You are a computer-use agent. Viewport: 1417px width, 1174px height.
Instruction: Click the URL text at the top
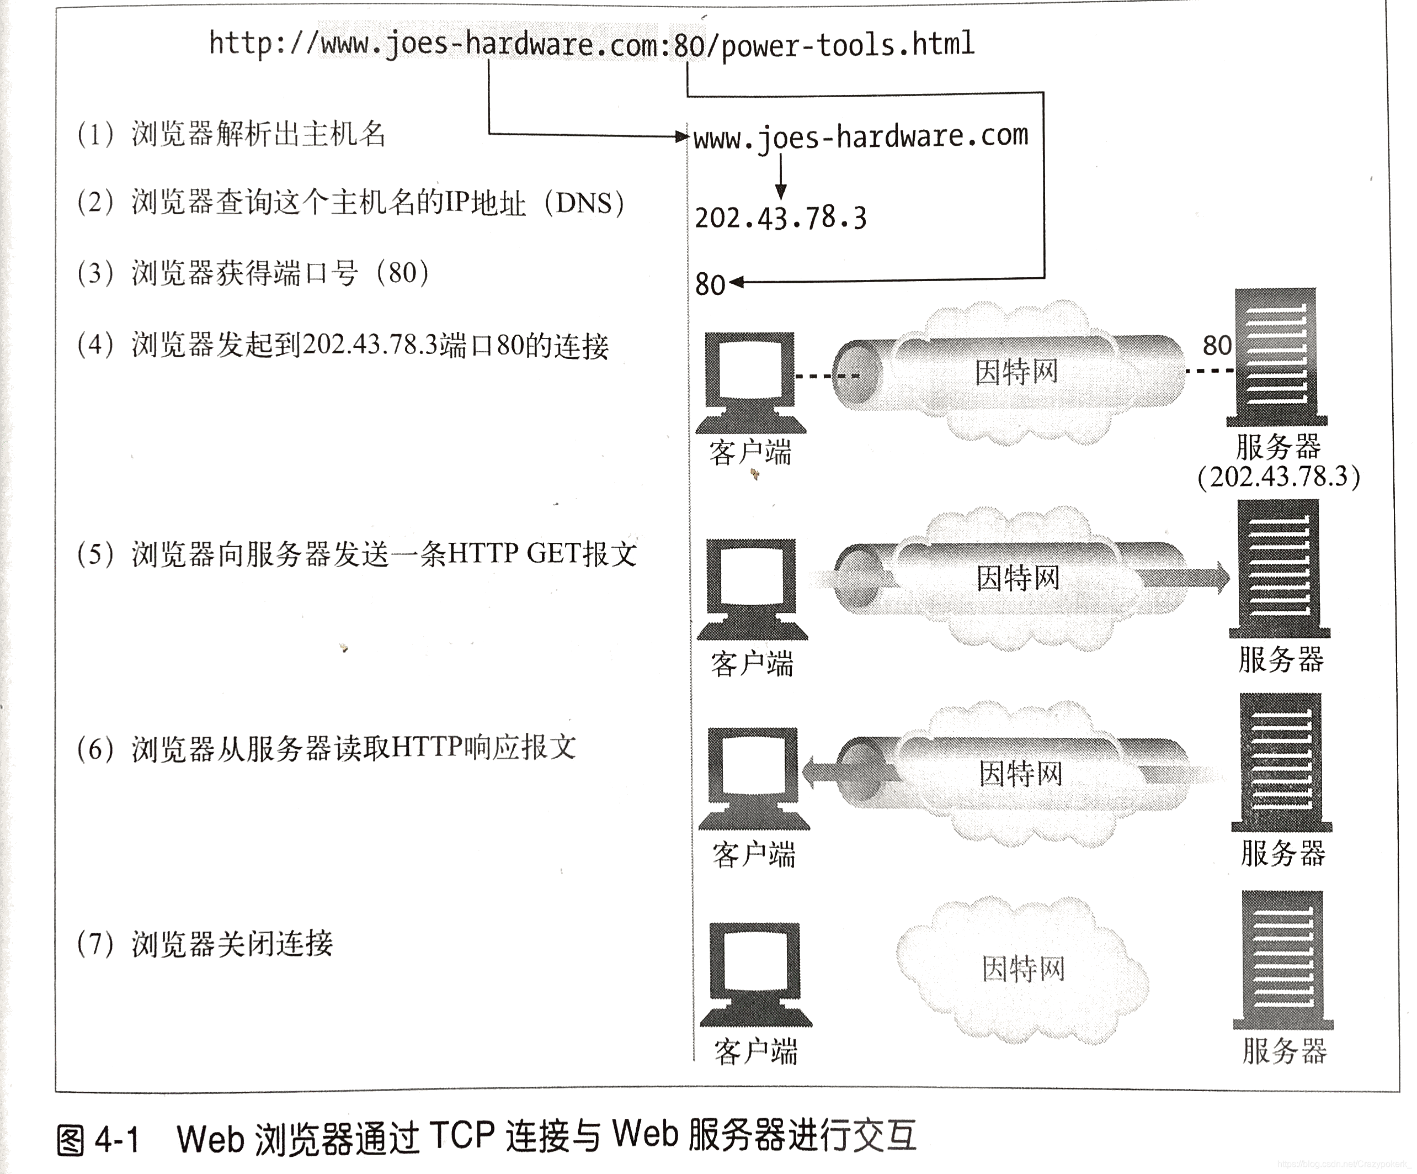591,45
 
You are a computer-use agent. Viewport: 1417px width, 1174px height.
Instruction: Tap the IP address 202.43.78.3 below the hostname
780,218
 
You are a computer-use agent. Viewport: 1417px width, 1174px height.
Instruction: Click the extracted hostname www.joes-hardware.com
860,137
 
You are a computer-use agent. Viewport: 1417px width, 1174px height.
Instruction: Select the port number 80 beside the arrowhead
709,285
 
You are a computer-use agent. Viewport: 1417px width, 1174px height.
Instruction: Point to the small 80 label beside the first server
1217,346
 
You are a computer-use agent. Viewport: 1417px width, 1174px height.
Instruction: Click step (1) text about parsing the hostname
231,134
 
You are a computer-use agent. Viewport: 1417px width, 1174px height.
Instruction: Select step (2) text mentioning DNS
350,203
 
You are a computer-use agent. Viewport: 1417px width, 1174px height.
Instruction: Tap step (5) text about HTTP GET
356,554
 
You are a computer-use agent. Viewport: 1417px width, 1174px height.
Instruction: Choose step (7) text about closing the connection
205,944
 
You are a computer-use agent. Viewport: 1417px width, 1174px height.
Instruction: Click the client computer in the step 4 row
750,382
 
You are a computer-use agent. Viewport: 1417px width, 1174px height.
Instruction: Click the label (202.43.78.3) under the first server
1278,477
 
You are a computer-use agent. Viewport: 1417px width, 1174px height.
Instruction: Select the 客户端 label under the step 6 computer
754,855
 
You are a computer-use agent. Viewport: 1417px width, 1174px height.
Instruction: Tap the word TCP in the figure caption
461,1135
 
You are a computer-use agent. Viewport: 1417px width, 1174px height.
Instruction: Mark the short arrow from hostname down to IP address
780,176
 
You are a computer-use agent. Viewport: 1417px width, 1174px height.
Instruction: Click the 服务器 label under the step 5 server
1281,659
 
